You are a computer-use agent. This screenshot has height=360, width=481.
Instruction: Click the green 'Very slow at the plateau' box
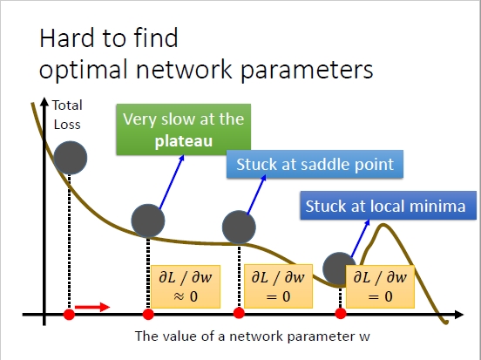coord(184,130)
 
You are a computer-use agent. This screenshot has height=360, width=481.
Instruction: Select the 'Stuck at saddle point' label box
coord(315,164)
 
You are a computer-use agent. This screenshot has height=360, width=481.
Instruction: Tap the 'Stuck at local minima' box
coord(388,206)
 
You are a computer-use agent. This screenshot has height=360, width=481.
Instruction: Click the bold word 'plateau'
coord(184,141)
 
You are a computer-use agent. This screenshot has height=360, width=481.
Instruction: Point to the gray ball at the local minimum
coord(339,268)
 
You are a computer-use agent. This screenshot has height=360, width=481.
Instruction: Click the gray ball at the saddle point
coord(239,228)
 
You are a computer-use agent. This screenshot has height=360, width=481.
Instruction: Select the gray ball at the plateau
coord(148,221)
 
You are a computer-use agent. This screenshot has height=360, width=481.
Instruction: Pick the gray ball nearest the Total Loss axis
coord(71,158)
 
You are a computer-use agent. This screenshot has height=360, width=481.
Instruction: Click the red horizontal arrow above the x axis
coord(92,307)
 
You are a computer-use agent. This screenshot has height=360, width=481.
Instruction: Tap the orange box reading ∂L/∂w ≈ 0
coord(186,287)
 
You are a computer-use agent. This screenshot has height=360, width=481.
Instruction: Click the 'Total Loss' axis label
coord(67,115)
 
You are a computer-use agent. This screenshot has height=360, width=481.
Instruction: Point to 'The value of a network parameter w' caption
coord(253,336)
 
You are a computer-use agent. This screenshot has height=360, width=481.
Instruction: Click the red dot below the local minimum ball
coord(341,314)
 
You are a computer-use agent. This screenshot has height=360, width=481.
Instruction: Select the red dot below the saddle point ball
coord(239,313)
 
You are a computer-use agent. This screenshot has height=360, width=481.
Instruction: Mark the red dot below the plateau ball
coord(148,315)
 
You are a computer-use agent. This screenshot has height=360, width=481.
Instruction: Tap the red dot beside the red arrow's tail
coord(69,315)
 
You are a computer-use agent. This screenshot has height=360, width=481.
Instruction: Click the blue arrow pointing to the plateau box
coord(172,181)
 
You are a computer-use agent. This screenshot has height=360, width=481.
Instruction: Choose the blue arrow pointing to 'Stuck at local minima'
coord(360,238)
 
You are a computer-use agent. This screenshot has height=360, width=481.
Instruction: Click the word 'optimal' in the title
coord(83,70)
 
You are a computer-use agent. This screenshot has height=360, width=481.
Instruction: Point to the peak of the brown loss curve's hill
coord(383,225)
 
